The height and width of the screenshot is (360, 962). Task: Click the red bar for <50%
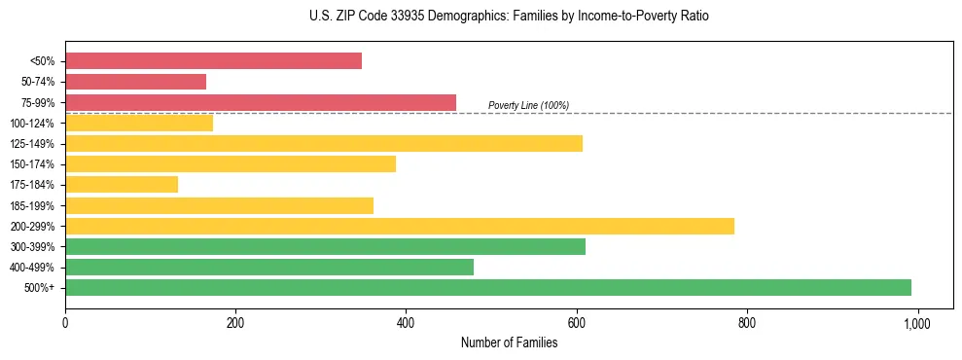coord(213,61)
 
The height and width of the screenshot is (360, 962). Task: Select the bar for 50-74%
coord(135,82)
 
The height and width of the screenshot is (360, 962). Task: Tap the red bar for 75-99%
coord(260,102)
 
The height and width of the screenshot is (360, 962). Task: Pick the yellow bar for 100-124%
coord(139,123)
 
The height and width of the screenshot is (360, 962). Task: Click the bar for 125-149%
coord(323,144)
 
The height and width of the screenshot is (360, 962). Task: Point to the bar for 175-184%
coord(122,185)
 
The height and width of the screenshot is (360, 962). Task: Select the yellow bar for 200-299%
coord(399,226)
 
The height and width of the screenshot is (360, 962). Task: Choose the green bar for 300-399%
coord(325,246)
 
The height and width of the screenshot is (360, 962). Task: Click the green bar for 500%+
coord(487,287)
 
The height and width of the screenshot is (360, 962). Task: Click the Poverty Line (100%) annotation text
coord(528,105)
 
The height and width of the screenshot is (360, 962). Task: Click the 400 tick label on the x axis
coord(406,323)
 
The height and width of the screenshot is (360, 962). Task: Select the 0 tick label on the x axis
coord(65,323)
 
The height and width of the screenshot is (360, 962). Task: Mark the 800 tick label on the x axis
coord(747,323)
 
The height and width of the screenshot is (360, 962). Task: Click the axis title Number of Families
coord(509,342)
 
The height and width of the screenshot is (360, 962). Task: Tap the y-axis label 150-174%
coord(32,164)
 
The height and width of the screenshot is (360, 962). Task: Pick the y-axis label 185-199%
coord(32,205)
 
